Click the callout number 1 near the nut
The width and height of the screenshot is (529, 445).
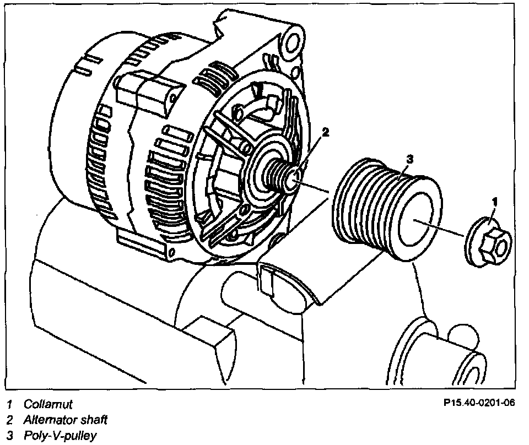(x=495, y=202)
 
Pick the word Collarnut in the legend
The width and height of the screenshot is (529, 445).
(x=48, y=404)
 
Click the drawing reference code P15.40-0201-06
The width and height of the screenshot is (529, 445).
(x=479, y=403)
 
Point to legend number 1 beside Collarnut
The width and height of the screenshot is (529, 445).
(x=9, y=405)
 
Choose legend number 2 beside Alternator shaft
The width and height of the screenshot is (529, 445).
(x=9, y=420)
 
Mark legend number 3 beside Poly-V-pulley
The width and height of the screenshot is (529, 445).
(x=9, y=436)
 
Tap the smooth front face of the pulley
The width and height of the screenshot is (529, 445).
(x=420, y=220)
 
